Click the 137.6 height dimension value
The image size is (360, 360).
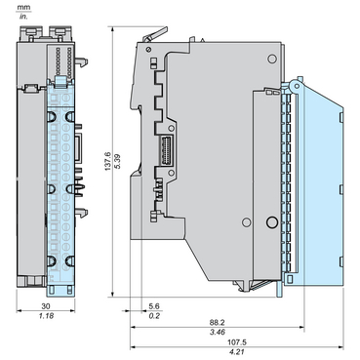point(107,161)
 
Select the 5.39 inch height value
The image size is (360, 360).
point(118,161)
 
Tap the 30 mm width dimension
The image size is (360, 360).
point(46,306)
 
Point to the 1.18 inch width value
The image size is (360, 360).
point(46,315)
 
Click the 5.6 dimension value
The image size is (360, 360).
point(154,306)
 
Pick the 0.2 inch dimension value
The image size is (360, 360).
point(154,315)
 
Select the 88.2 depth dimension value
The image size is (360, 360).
point(217,322)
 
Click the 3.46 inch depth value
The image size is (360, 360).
point(217,332)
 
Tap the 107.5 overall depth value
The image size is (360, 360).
point(237,342)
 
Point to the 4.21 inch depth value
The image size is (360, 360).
point(237,351)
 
